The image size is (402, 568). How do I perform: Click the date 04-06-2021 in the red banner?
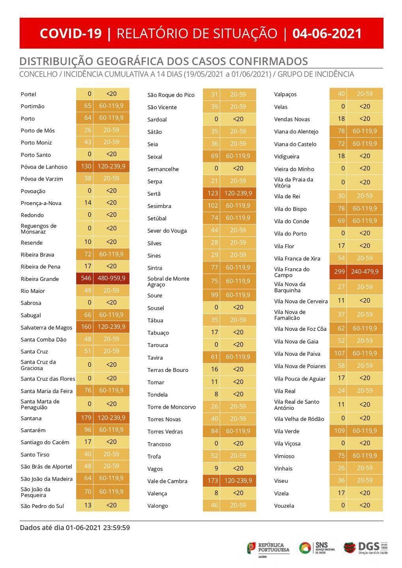327,34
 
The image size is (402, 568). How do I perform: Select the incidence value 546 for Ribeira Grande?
86,278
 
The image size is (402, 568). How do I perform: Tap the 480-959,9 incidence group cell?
111,278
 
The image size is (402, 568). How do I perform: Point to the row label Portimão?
33,106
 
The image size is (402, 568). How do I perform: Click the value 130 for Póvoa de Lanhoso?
86,167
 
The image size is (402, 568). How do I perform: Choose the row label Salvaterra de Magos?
47,327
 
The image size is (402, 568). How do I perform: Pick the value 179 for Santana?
86,418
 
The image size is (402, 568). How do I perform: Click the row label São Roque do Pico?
171,95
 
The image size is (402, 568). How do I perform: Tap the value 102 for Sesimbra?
213,206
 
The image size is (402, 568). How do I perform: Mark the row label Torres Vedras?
165,432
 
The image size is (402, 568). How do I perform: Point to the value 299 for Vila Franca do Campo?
339,272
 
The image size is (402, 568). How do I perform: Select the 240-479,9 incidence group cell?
365,272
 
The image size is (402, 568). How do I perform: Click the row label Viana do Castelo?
295,144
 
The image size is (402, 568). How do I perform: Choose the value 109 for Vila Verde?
339,431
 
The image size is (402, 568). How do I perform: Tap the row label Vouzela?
284,506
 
